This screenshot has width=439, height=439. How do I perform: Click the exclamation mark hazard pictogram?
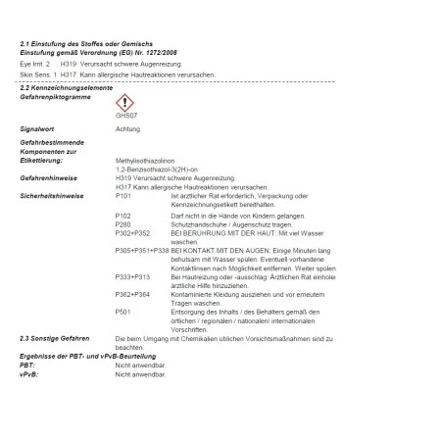[124, 103]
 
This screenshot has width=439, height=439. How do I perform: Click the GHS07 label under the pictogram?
[122, 117]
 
